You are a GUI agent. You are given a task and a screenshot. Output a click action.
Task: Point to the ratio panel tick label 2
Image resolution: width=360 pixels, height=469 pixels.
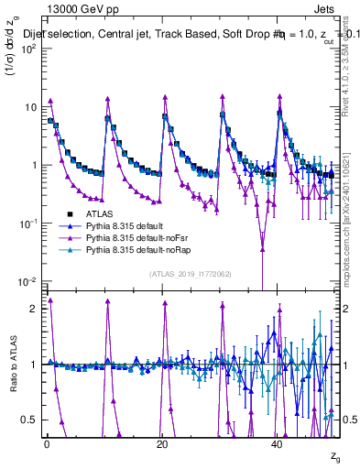33,309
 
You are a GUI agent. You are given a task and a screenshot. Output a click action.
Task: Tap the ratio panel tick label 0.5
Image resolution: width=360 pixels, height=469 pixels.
29,419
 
